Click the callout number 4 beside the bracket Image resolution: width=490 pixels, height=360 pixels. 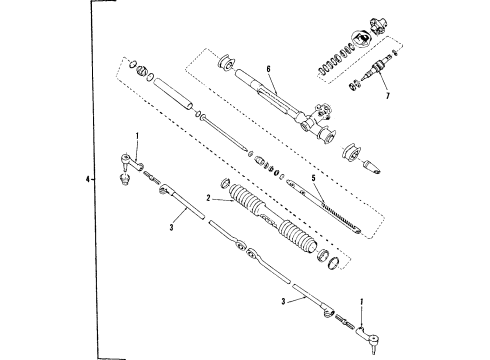(x=90, y=180)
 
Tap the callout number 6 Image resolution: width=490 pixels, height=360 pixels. (x=268, y=68)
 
